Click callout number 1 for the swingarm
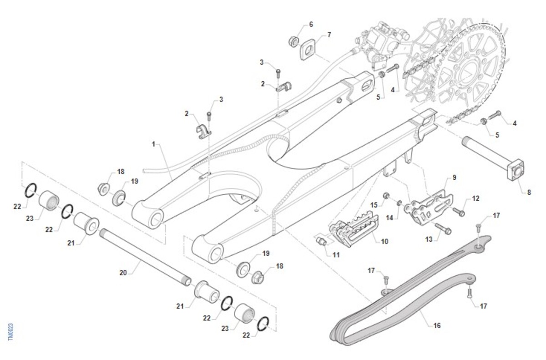coord(154,144)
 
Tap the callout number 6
coord(311,24)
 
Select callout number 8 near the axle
coord(529,193)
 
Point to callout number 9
coord(454,177)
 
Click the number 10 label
coord(384,242)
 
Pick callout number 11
coord(336,255)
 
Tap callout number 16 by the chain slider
coord(437,325)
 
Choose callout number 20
coord(123,273)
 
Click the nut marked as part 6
coord(293,41)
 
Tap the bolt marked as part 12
coord(459,211)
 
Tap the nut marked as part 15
coord(385,196)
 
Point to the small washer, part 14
coord(399,203)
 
